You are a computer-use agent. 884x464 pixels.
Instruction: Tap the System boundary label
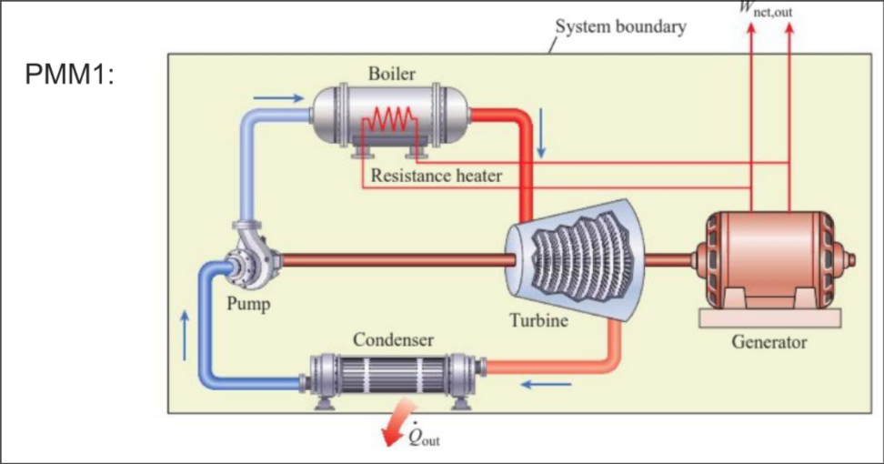click(x=620, y=27)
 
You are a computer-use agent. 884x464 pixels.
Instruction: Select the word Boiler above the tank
click(x=392, y=73)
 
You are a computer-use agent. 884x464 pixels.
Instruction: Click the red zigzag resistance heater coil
click(x=389, y=118)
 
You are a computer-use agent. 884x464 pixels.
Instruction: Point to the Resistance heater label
click(x=436, y=176)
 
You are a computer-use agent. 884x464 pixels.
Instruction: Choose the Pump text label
click(x=248, y=304)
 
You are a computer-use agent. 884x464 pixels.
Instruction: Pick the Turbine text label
click(x=538, y=320)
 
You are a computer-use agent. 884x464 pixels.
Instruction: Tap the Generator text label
click(x=768, y=343)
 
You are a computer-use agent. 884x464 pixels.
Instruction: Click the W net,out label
click(x=768, y=8)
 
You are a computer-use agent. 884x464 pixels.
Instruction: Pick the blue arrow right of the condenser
click(x=549, y=384)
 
